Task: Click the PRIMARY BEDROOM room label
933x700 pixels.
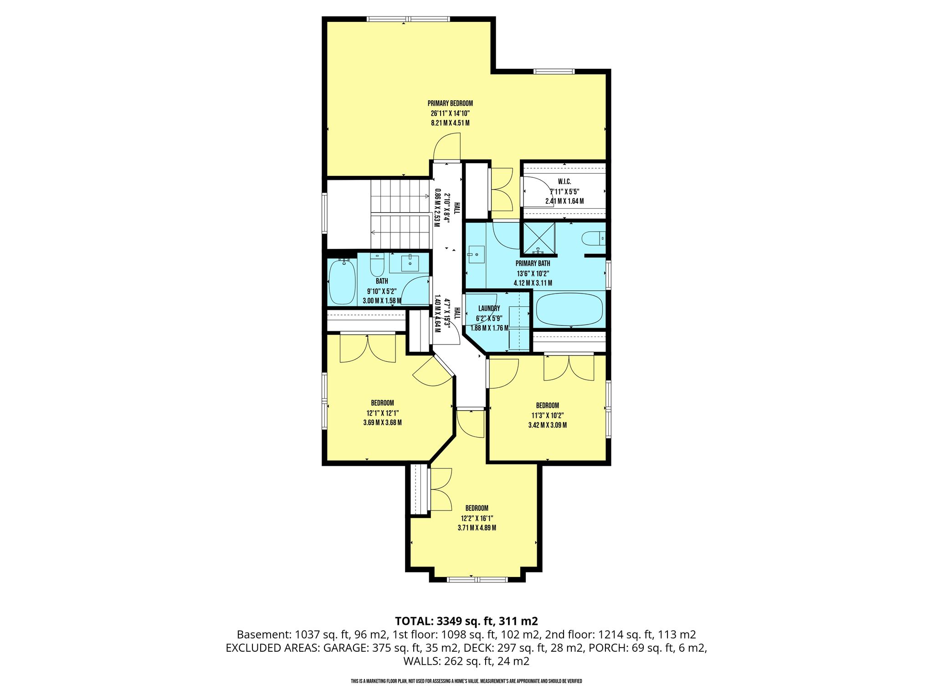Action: coord(450,103)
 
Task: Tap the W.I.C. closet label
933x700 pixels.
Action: coord(564,182)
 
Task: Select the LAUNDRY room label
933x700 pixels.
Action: coord(489,309)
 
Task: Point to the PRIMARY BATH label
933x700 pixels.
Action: coord(533,263)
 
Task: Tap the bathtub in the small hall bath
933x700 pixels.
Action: coord(341,282)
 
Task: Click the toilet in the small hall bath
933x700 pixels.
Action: coord(377,264)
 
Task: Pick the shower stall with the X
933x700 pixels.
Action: coord(539,238)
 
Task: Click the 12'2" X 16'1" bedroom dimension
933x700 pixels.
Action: coord(477,518)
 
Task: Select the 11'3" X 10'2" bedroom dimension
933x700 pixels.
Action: coord(547,415)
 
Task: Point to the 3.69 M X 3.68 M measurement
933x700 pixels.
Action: coord(382,422)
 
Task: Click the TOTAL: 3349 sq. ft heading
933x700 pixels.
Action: coord(466,621)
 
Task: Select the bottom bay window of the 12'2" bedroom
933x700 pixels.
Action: coord(477,580)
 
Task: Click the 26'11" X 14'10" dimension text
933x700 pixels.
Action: coord(450,113)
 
